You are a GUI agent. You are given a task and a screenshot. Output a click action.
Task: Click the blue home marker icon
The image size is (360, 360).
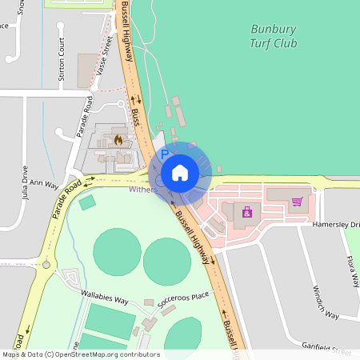coord(180,172)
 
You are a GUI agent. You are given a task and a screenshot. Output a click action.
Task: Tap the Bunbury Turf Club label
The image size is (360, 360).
coord(274,36)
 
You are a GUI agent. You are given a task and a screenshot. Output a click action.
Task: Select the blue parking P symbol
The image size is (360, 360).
coord(166,154)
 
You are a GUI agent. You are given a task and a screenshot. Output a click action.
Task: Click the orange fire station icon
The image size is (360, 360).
coord(118,140)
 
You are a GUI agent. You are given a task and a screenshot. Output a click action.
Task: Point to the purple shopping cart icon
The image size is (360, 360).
coord(297,201)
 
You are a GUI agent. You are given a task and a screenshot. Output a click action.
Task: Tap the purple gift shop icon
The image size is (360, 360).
coord(247,212)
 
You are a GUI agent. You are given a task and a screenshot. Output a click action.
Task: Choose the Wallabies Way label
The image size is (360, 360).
coord(105,298)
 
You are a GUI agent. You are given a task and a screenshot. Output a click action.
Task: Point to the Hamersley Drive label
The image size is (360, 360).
coord(336,226)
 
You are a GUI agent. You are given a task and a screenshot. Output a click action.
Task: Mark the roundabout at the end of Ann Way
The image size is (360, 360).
coord(46,264)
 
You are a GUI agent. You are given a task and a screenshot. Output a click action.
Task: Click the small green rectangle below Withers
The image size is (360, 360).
coord(87,202)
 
